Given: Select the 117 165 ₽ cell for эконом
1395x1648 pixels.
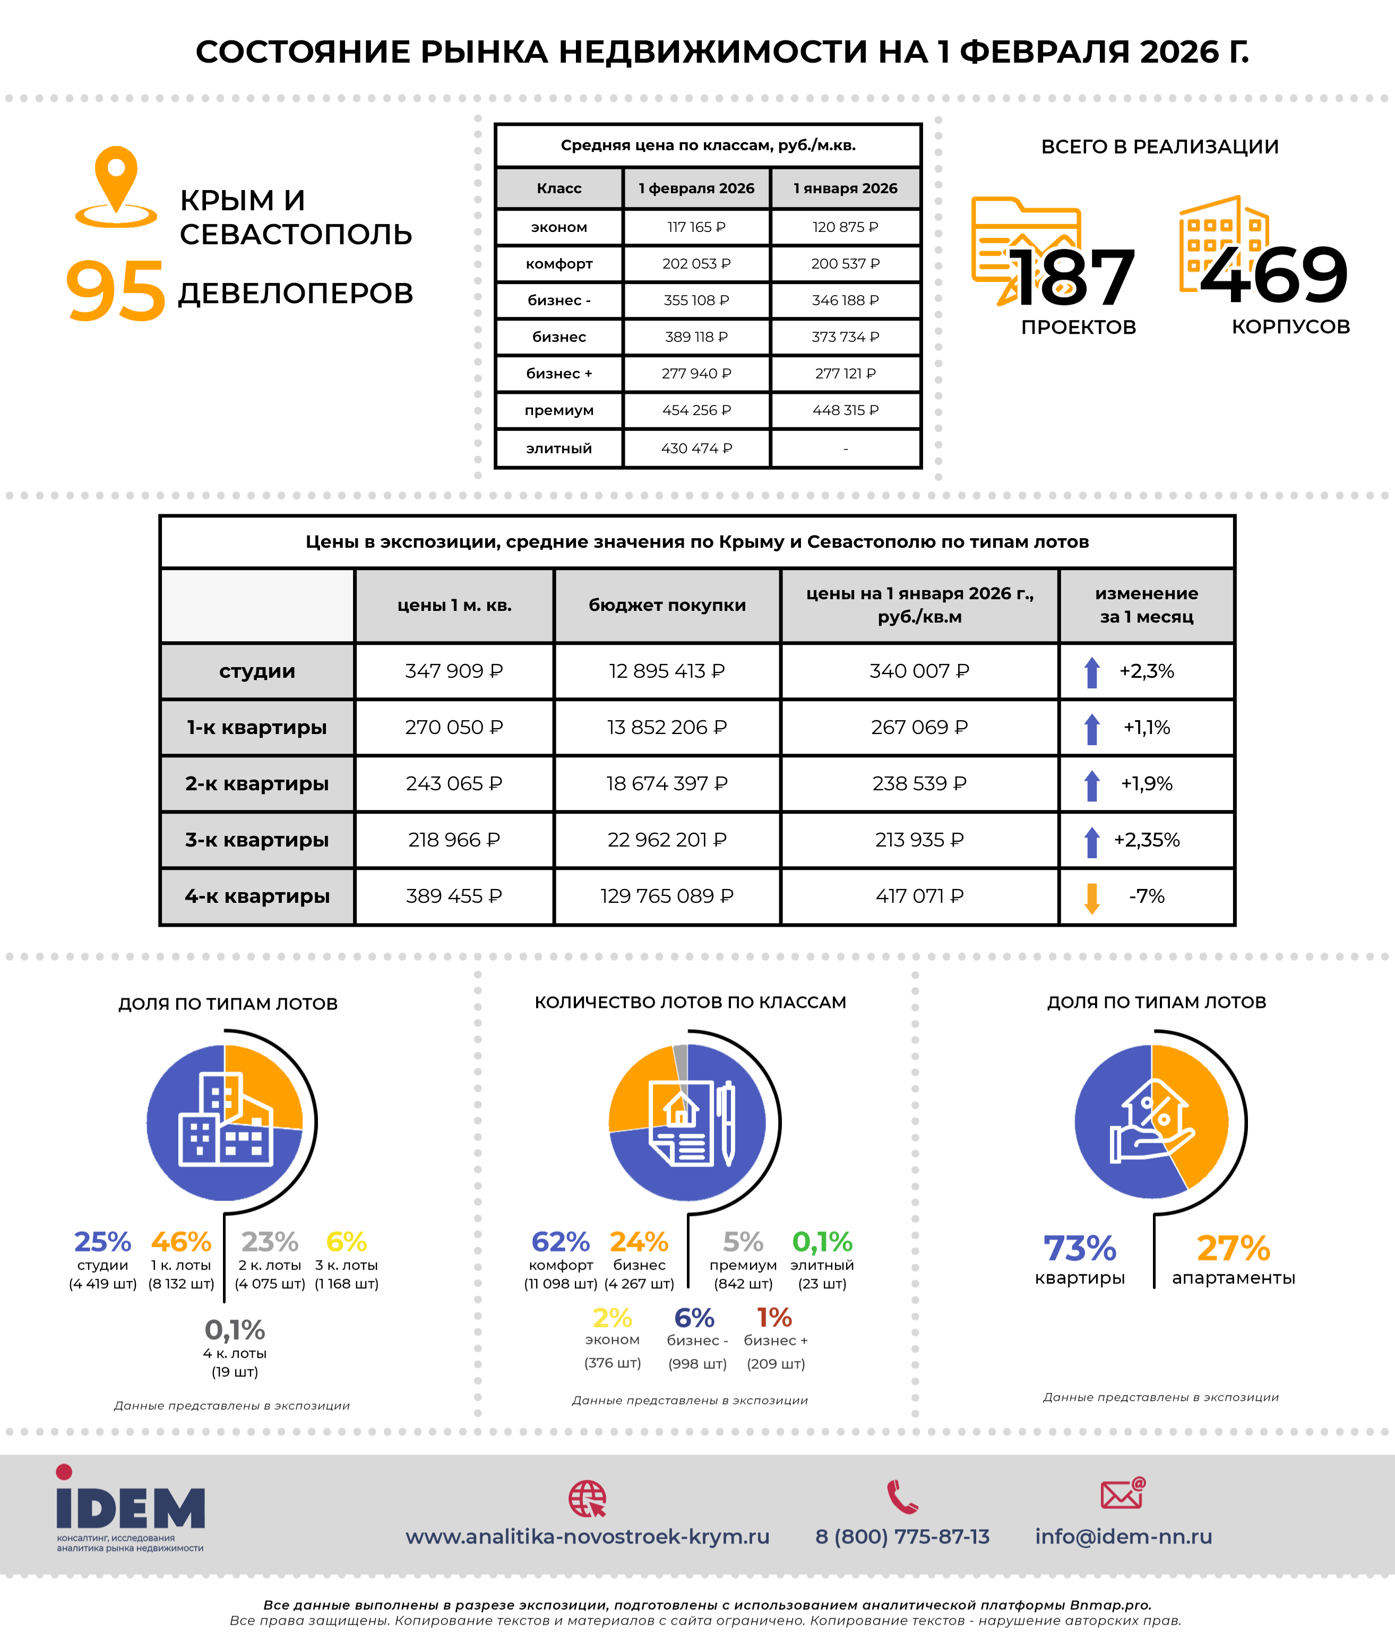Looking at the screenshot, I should pos(696,227).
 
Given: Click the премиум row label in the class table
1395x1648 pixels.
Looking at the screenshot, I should pos(558,410).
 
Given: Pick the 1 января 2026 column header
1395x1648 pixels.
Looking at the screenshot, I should pos(846,188).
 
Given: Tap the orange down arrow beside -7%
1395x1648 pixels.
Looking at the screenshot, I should pos(1092,898).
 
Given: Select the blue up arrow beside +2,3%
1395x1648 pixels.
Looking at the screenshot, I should pos(1092,672).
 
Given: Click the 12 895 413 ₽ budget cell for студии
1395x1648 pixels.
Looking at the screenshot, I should pos(667,671).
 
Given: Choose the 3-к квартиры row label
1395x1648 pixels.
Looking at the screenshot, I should pos(257,840).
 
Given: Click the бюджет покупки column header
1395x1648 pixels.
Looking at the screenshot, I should pos(667,605).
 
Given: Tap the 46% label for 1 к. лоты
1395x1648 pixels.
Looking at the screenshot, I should pos(181,1241).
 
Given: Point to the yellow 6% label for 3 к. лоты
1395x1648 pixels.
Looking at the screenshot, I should pos(347,1241).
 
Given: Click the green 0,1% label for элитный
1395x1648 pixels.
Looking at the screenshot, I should pos(822,1241).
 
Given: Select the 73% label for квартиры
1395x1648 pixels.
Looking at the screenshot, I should pos(1080,1249).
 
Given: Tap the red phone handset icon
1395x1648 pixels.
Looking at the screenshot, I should pos(902,1497).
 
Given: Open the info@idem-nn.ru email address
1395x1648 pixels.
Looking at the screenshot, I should pos(1123,1537).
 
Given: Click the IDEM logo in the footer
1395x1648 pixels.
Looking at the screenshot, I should pos(131,1509).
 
